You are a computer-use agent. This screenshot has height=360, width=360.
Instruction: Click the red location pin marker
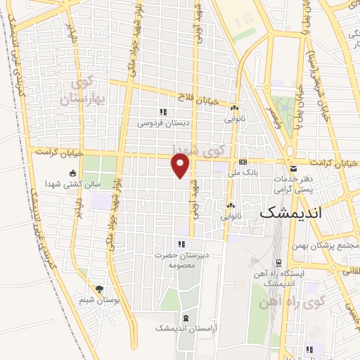[x=181, y=166]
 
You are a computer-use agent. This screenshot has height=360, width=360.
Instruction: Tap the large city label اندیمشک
[x=290, y=212]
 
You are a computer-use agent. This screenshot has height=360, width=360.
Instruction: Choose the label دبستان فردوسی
[x=162, y=122]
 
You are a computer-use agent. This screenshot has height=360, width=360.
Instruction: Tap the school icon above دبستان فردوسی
[x=162, y=112]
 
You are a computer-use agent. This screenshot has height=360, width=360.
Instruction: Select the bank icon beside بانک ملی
[x=243, y=162]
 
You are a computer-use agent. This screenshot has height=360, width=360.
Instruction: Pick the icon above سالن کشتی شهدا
[x=73, y=174]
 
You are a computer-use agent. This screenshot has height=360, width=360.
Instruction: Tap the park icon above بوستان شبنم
[x=99, y=289]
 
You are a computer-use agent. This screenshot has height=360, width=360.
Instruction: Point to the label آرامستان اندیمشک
[x=186, y=328]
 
